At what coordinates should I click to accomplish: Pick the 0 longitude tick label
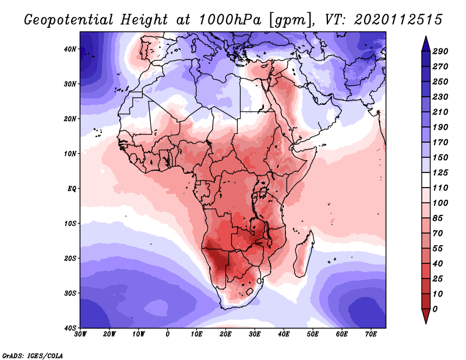click(x=168, y=334)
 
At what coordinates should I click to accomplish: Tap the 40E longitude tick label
click(x=284, y=334)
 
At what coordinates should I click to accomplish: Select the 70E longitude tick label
click(x=371, y=334)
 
